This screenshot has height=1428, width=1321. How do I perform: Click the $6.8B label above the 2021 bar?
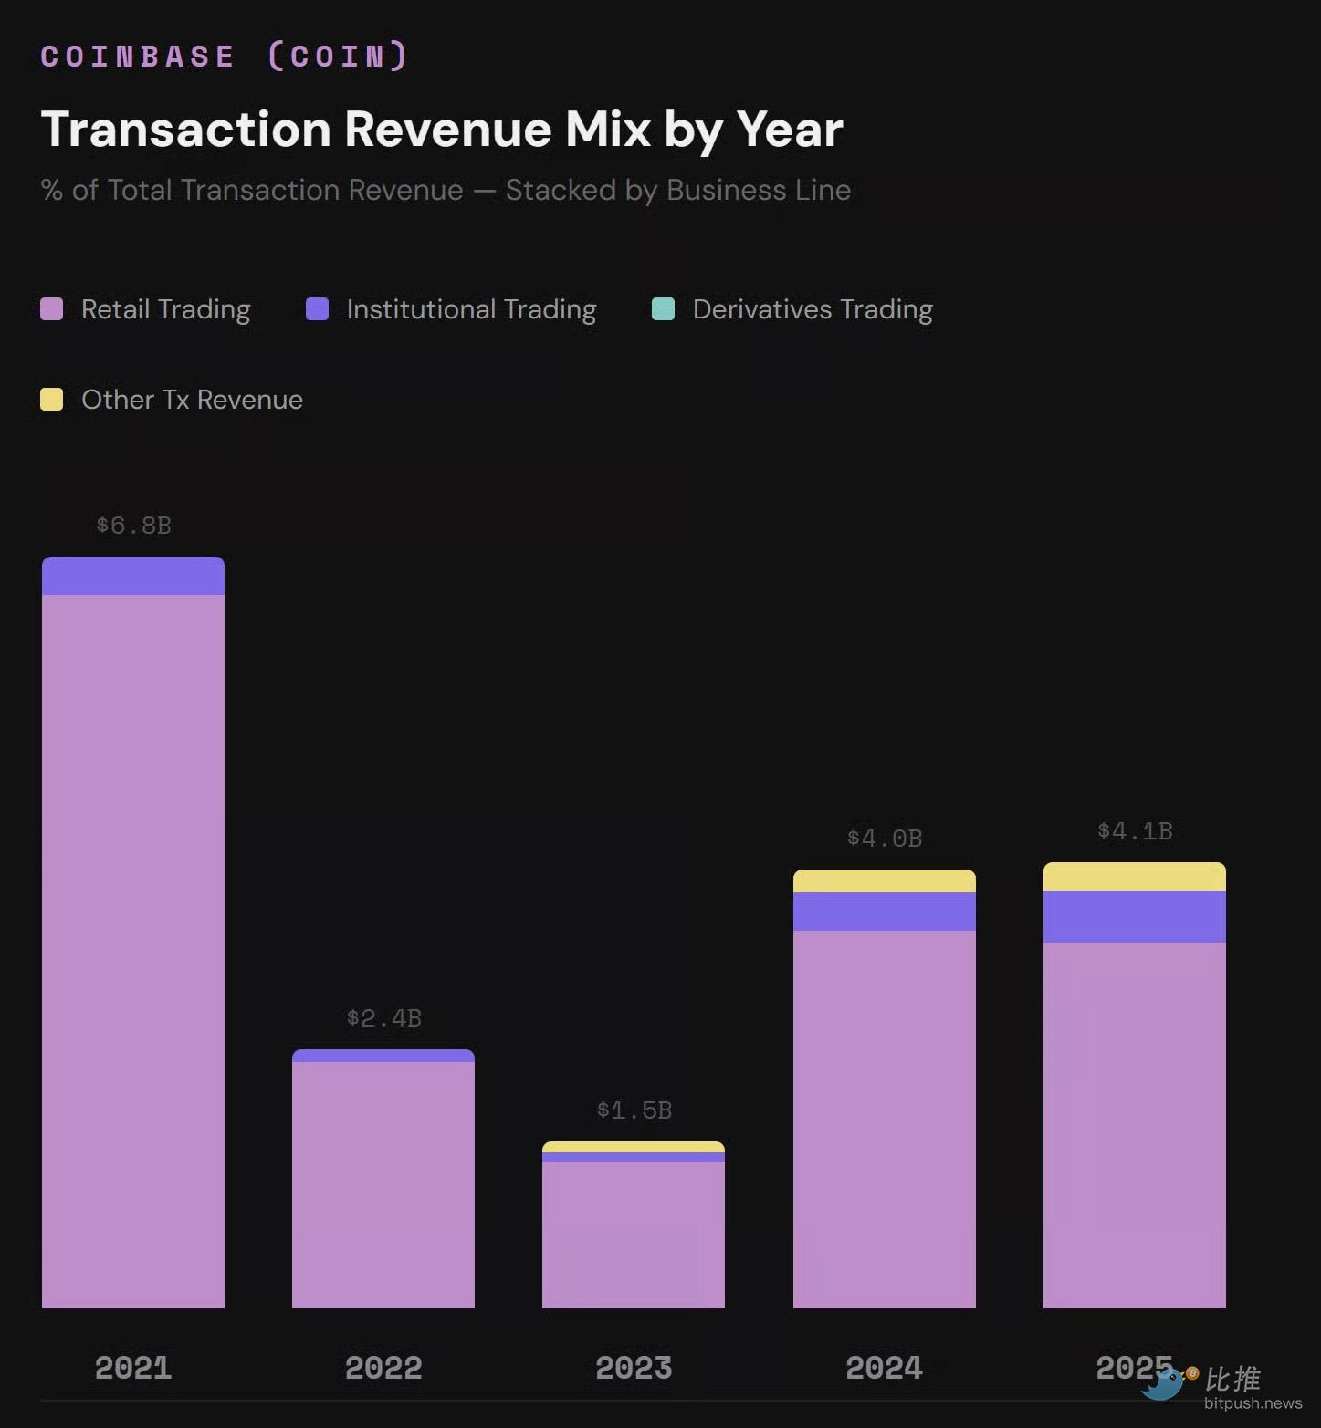(x=133, y=526)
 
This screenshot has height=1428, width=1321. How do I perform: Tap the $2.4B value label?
(x=383, y=1018)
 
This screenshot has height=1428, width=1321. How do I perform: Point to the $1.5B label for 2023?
(x=634, y=1110)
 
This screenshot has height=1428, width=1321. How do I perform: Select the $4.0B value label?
(x=885, y=839)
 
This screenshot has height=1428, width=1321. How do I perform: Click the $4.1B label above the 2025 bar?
(x=1135, y=831)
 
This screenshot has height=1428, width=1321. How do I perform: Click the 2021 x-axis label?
(x=133, y=1368)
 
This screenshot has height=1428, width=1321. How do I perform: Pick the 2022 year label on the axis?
(x=383, y=1368)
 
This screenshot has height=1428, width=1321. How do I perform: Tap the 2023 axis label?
(x=634, y=1368)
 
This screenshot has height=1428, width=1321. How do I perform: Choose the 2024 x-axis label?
(x=885, y=1368)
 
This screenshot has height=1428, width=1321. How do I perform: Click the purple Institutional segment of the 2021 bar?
(x=133, y=577)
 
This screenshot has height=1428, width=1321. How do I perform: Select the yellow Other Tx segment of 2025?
(x=1135, y=877)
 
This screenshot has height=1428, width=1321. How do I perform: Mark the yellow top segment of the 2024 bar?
(x=885, y=881)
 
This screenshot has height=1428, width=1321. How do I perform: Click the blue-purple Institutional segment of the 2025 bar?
(x=1135, y=916)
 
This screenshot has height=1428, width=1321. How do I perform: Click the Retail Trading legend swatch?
(x=52, y=309)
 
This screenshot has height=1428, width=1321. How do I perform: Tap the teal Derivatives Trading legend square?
(x=664, y=309)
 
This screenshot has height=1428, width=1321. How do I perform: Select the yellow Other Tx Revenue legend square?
(x=52, y=400)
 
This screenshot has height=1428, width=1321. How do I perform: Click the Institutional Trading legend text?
(x=471, y=309)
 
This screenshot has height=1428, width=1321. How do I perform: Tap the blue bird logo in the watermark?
(x=1163, y=1384)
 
